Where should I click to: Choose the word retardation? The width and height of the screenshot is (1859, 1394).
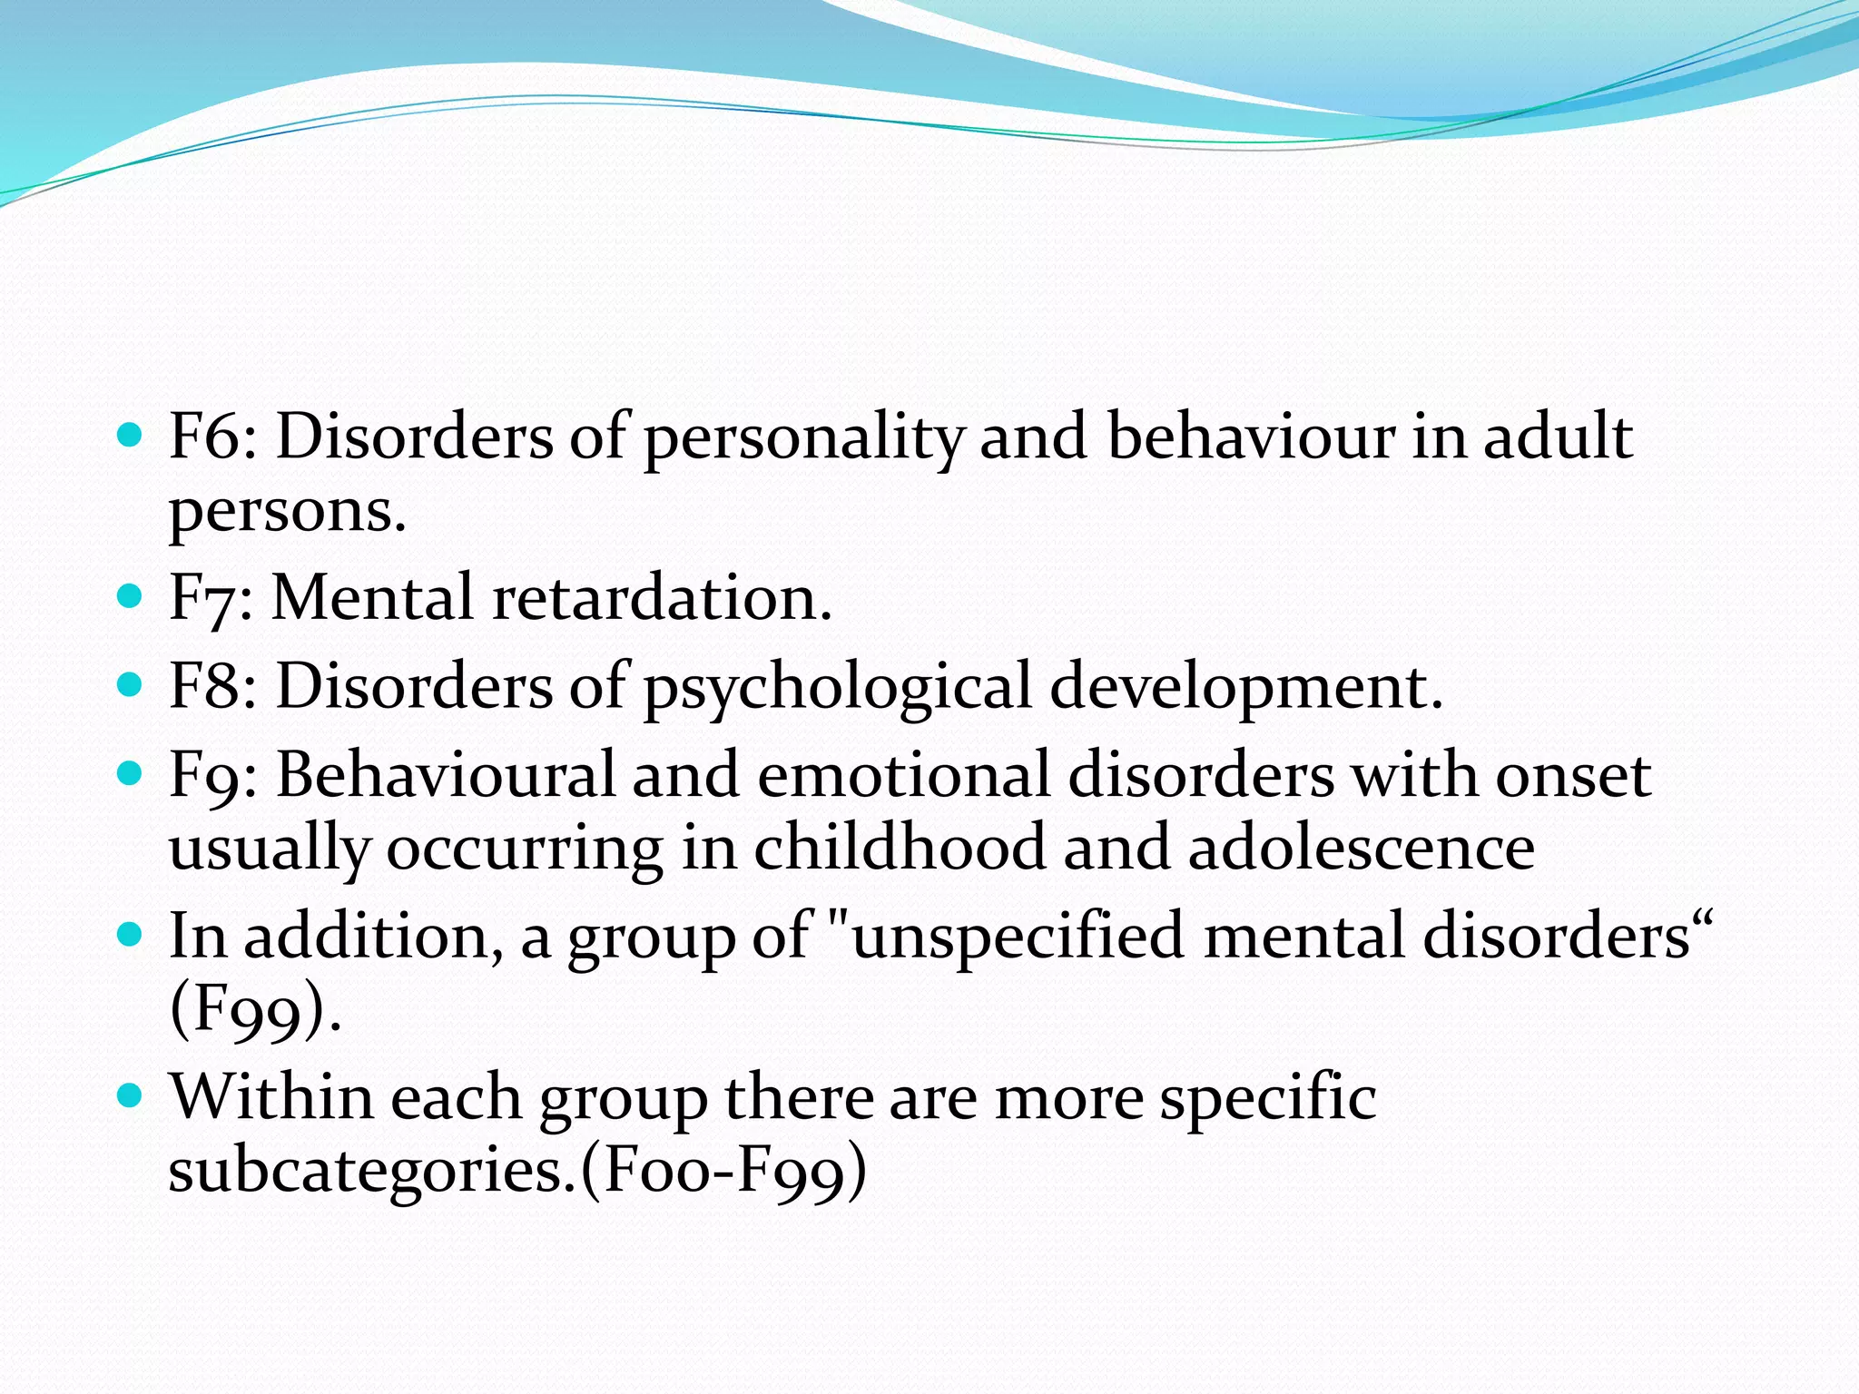(x=662, y=598)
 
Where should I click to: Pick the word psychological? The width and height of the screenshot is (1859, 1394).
(x=837, y=689)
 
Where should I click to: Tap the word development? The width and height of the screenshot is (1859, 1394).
(x=1245, y=688)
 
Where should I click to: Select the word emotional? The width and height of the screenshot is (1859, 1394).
(x=902, y=776)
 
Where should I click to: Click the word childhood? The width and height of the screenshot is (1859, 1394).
(x=899, y=848)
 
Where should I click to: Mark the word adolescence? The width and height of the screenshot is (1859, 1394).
(x=1361, y=848)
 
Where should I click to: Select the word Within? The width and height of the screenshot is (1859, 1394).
(x=271, y=1097)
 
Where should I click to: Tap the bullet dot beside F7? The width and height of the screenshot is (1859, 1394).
(x=131, y=596)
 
